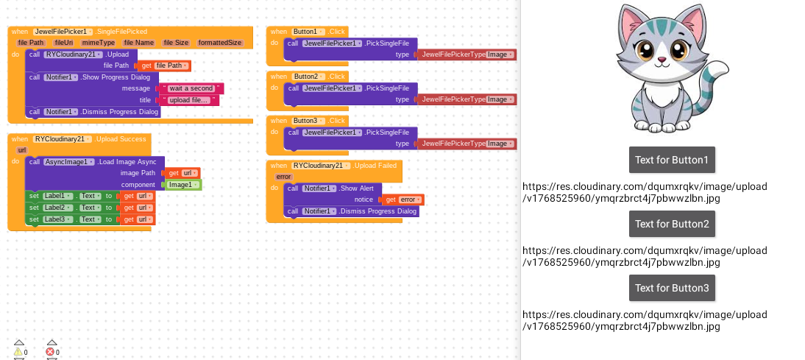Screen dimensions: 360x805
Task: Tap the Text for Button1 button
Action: pyautogui.click(x=672, y=160)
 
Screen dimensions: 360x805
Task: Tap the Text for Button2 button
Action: pyautogui.click(x=672, y=224)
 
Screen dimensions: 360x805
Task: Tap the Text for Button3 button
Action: pyautogui.click(x=672, y=288)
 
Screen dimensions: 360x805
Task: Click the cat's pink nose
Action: pyautogui.click(x=662, y=60)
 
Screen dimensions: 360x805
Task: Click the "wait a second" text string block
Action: pyautogui.click(x=190, y=88)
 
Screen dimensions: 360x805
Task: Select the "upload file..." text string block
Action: pyautogui.click(x=188, y=100)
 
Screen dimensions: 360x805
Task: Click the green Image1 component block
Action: pyautogui.click(x=182, y=185)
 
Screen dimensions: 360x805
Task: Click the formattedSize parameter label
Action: pyautogui.click(x=220, y=43)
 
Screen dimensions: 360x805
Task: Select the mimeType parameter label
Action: pyautogui.click(x=98, y=43)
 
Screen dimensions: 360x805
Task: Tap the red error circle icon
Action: pyautogui.click(x=51, y=351)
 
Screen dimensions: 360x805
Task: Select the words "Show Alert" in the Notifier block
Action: pyautogui.click(x=357, y=188)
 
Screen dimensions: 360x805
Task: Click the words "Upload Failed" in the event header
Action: pyautogui.click(x=375, y=166)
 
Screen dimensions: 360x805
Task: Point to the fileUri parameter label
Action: pyautogui.click(x=64, y=43)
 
